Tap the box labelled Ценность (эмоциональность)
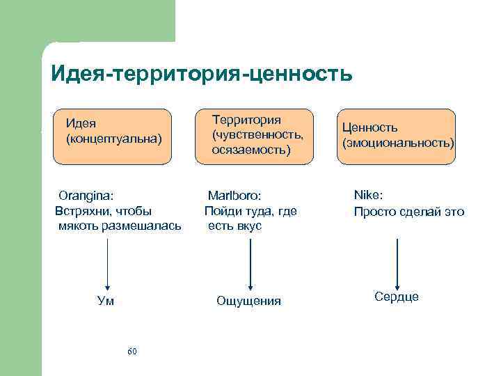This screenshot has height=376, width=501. click(x=397, y=136)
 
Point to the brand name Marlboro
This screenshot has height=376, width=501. click(x=233, y=196)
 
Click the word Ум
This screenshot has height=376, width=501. click(x=106, y=301)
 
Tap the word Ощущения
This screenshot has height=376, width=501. click(x=248, y=301)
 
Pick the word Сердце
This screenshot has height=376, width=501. click(x=397, y=297)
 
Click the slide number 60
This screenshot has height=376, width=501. click(x=132, y=350)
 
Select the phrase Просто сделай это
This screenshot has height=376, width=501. click(x=408, y=212)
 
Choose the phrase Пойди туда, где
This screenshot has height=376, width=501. click(x=250, y=211)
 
